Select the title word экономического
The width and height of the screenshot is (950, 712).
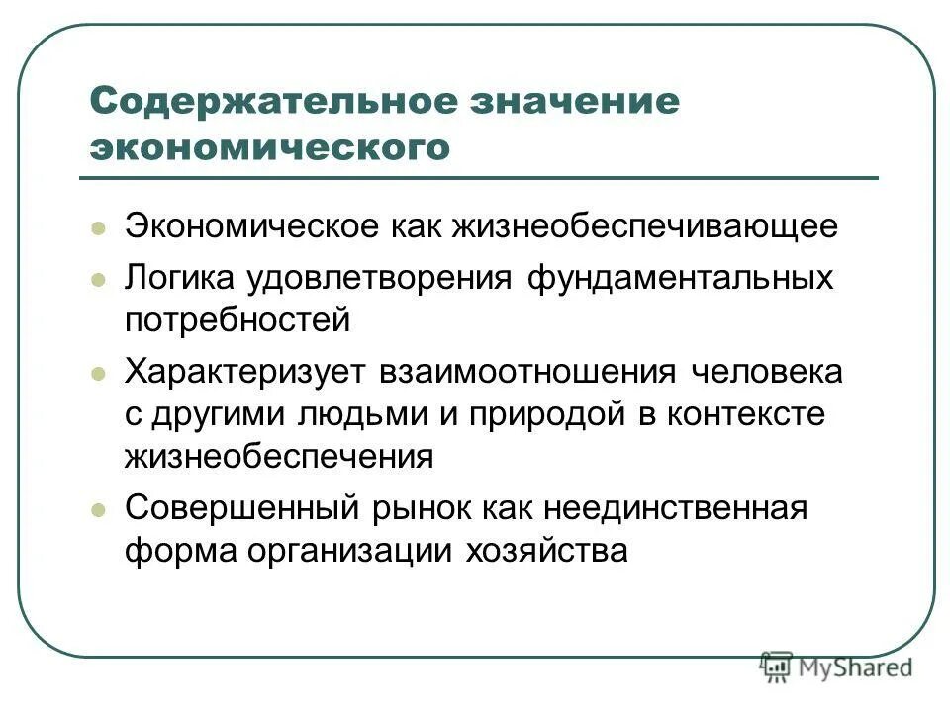pyautogui.click(x=270, y=147)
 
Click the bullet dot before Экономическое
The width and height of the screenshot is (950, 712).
pyautogui.click(x=97, y=227)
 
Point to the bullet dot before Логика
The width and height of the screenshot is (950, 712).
pyautogui.click(x=97, y=279)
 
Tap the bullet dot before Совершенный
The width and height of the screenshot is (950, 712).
pyautogui.click(x=97, y=510)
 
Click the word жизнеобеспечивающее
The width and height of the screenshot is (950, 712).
pyautogui.click(x=645, y=227)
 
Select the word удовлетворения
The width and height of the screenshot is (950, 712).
pyautogui.click(x=384, y=279)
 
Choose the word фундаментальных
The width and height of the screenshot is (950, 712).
pyautogui.click(x=679, y=279)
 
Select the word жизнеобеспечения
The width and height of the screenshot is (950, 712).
pyautogui.click(x=279, y=457)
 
